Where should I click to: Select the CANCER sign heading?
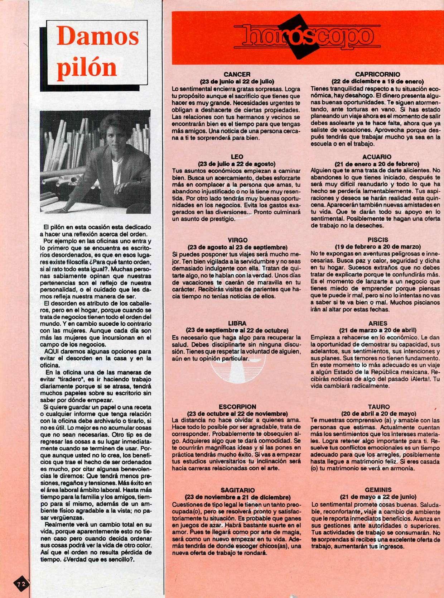[239, 75]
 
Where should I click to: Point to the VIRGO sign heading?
[237, 240]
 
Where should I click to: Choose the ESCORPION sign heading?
[237, 406]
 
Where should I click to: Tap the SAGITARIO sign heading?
[237, 490]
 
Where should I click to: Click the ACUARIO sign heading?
[377, 157]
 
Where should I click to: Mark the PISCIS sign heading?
[377, 240]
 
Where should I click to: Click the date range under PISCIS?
[377, 247]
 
